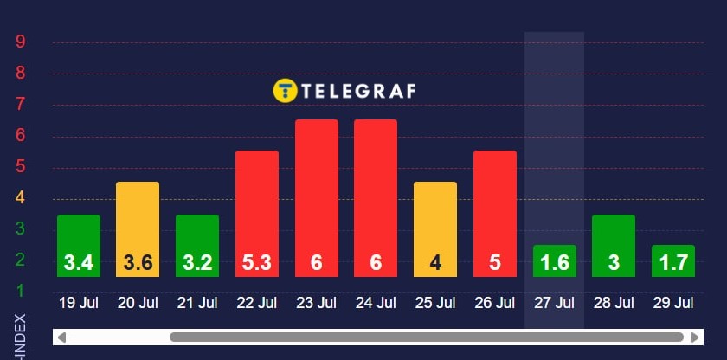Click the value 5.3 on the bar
pyautogui.click(x=257, y=262)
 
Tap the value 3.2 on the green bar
pyautogui.click(x=197, y=262)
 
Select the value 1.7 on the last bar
pyautogui.click(x=673, y=262)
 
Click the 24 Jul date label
pyautogui.click(x=376, y=303)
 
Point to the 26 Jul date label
pyautogui.click(x=495, y=303)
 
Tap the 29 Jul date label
pyautogui.click(x=673, y=303)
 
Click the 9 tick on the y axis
pyautogui.click(x=20, y=41)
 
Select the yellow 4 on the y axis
pyautogui.click(x=20, y=197)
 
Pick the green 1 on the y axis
pyautogui.click(x=20, y=290)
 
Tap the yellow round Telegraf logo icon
pyautogui.click(x=285, y=91)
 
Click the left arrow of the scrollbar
pyautogui.click(x=62, y=337)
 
